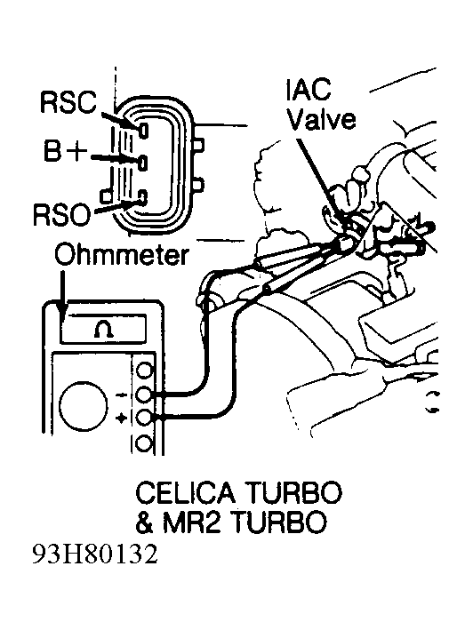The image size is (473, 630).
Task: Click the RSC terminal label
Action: [x=68, y=102]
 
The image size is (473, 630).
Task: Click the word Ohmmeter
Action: [x=122, y=255]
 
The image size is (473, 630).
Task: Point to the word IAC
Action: [x=309, y=89]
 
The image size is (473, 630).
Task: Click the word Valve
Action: [x=322, y=119]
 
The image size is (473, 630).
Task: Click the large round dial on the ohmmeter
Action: [x=84, y=404]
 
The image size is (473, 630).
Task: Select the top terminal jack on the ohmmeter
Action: [x=144, y=370]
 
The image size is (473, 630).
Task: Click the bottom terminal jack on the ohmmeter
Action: [x=144, y=444]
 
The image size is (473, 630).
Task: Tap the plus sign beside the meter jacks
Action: [x=121, y=419]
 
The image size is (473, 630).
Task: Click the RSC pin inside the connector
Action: [x=143, y=131]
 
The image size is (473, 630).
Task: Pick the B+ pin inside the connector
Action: [x=143, y=163]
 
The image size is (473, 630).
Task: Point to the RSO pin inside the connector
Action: [x=143, y=197]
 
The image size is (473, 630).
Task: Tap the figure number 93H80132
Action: [x=95, y=554]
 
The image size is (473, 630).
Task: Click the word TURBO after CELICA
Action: [x=292, y=492]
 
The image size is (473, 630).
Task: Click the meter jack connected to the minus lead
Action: [x=144, y=395]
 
